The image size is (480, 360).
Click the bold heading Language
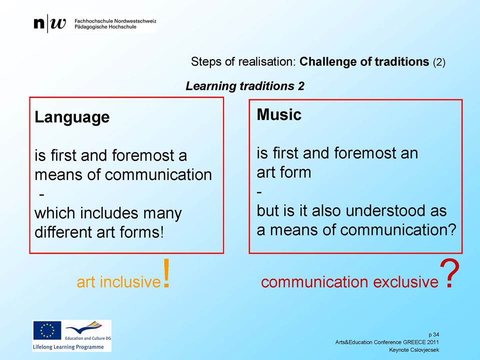[72, 117]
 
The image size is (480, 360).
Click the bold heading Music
[279, 115]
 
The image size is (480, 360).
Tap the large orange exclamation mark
[166, 273]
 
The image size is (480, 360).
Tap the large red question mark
[449, 273]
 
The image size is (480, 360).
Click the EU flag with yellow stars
[47, 330]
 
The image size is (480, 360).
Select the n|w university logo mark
[49, 23]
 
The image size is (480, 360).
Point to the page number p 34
[434, 334]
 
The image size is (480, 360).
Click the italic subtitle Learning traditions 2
[245, 86]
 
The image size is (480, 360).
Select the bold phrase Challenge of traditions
[364, 61]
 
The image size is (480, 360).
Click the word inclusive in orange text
[130, 281]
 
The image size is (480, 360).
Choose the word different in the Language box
[63, 231]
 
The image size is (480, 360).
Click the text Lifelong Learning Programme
[68, 347]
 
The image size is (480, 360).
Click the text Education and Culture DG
[88, 338]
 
